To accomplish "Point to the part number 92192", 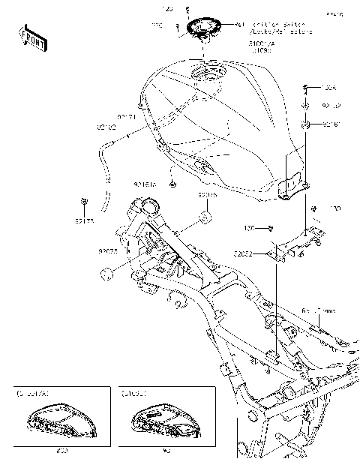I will pyautogui.click(x=106, y=127).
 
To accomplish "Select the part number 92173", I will pyautogui.click(x=85, y=222).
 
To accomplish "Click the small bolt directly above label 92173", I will pyautogui.click(x=85, y=201).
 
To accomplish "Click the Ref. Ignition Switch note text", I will pyautogui.click(x=273, y=28).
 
